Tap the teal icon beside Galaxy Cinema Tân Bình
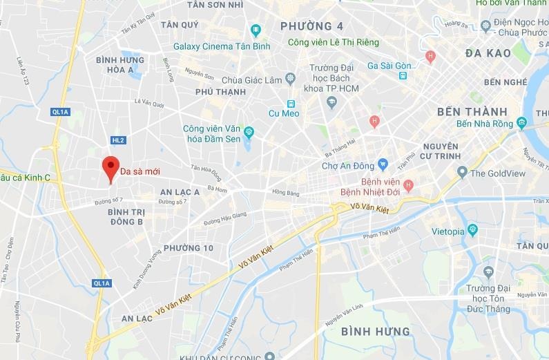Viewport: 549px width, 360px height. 256,30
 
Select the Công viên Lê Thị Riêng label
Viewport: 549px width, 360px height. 334,43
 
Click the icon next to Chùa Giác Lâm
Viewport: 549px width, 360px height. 291,77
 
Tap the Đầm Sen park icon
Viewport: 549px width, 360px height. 249,131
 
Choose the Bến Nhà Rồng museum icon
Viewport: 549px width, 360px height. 521,124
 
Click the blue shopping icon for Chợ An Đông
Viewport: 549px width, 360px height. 383,165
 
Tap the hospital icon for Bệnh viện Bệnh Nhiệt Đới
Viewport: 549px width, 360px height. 408,184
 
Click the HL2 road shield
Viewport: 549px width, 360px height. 118,140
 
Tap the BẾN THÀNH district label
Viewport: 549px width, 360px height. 472,111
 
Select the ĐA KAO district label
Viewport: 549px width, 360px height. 488,53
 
